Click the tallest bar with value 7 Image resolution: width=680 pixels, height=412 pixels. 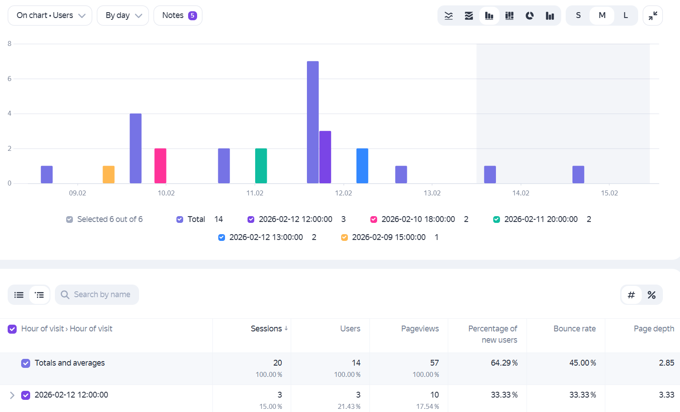point(313,122)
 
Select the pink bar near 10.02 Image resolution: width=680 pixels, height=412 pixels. point(160,166)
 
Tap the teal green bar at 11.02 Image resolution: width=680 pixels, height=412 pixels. point(261,166)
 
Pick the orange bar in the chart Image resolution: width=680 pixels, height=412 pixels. point(108,174)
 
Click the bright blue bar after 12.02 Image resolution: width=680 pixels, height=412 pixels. point(362,166)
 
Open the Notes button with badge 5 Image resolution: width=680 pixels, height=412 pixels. point(178,15)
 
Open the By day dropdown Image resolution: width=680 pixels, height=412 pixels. point(123,15)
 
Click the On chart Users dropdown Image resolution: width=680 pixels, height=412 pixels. point(50,15)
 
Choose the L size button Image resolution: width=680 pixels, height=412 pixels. point(626,15)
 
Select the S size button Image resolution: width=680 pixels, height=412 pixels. point(578,15)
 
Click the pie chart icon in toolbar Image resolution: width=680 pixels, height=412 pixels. point(530,15)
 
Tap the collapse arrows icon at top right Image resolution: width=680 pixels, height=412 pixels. point(653,15)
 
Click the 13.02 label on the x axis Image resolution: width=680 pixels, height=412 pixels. point(432,193)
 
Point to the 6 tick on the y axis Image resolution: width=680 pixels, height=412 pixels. point(9,79)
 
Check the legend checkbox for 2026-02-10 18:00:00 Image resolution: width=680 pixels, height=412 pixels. point(374,219)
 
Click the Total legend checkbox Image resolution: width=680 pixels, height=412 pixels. point(180,219)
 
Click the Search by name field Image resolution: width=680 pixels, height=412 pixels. point(97,294)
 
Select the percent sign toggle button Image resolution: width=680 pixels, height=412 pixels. point(652,295)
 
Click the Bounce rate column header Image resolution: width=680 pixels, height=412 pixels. point(575,328)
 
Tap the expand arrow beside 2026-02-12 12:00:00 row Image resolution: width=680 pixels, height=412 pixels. point(12,395)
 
